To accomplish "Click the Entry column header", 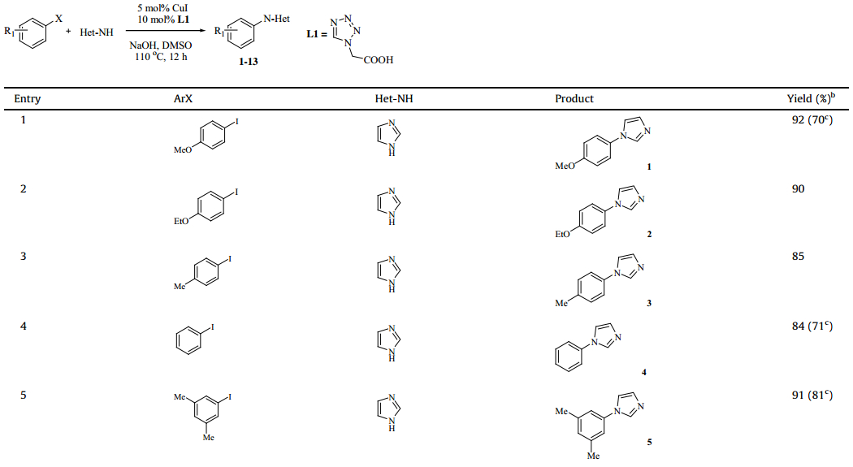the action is point(28,99).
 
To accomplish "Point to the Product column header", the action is point(574,99).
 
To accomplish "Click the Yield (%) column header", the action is point(812,99).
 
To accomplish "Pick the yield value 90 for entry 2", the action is point(798,188).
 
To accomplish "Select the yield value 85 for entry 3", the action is point(798,257).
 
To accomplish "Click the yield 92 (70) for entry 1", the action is point(814,120).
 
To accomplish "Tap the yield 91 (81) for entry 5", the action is point(814,396).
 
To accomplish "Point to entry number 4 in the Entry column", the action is point(24,326).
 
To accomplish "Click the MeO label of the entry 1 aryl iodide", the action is point(183,150).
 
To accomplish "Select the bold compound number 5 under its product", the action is point(649,443).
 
